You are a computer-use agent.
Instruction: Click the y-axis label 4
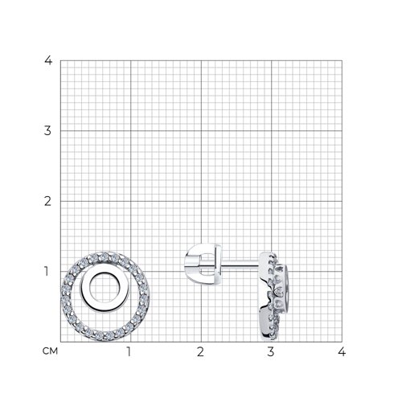[x=48, y=60]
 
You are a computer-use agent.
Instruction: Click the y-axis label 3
[x=47, y=131]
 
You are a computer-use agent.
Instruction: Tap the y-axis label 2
[x=47, y=201]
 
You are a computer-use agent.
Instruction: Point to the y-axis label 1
[x=47, y=271]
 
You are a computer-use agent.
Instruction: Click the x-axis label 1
[x=129, y=351]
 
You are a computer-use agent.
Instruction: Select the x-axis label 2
[x=200, y=351]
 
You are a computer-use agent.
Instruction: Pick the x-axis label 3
[x=271, y=351]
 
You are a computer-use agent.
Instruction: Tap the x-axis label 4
[x=342, y=351]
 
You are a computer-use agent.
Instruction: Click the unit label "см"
[x=50, y=351]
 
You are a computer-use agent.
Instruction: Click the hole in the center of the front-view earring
[x=102, y=288]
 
